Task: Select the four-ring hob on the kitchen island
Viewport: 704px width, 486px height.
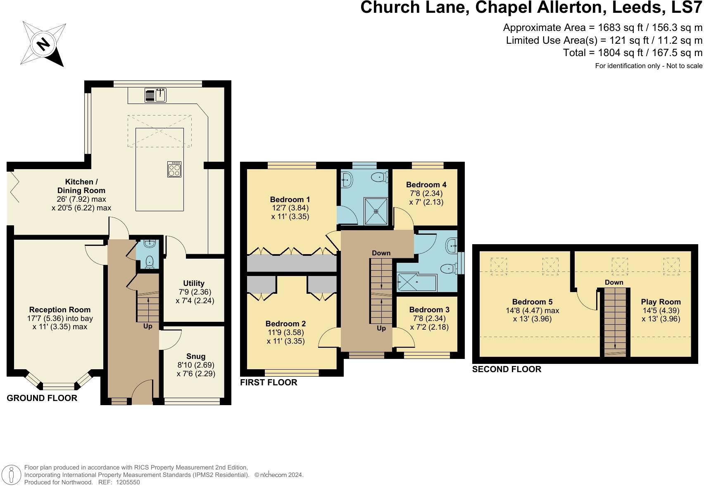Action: point(174,169)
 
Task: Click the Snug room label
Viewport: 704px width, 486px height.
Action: point(195,356)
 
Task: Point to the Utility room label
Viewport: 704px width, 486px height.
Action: point(194,283)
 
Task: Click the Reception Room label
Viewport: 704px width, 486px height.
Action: point(60,310)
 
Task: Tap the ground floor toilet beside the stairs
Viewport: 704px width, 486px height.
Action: point(149,262)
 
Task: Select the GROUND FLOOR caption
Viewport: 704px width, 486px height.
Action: point(42,398)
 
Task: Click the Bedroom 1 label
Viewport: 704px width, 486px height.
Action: point(290,199)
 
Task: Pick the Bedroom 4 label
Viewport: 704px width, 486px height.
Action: point(426,185)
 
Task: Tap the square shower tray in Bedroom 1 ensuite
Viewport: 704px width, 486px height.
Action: point(376,211)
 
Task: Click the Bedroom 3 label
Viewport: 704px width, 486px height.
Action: point(429,310)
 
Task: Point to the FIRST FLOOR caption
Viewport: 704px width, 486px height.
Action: point(269,382)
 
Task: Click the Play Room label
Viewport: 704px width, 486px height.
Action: point(661,302)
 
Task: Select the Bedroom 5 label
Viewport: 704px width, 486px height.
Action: point(532,302)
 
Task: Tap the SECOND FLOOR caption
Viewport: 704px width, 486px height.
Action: point(507,369)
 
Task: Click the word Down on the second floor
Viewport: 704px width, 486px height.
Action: point(614,283)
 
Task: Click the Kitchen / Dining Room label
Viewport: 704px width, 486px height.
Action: point(81,186)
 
